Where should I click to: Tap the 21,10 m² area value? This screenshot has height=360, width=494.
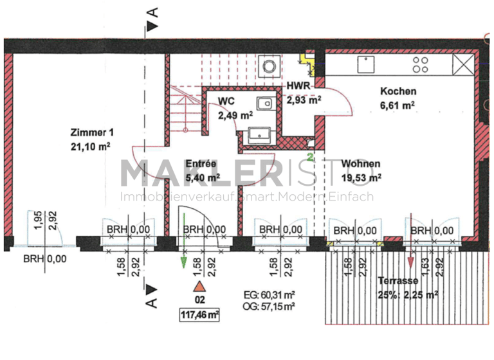pyautogui.click(x=92, y=145)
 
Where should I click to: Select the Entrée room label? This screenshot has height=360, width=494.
pyautogui.click(x=200, y=163)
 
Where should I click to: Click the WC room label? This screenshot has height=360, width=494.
pyautogui.click(x=226, y=102)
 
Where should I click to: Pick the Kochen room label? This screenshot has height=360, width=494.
pyautogui.click(x=398, y=91)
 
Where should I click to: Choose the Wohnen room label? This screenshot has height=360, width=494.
pyautogui.click(x=361, y=163)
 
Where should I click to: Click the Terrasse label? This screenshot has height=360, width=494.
pyautogui.click(x=398, y=281)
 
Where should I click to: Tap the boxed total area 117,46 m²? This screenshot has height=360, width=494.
pyautogui.click(x=199, y=315)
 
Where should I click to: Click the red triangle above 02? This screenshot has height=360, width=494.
pyautogui.click(x=199, y=287)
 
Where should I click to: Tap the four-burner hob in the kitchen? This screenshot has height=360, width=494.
pyautogui.click(x=421, y=64)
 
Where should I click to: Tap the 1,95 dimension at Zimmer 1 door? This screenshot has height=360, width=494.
pyautogui.click(x=37, y=219)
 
